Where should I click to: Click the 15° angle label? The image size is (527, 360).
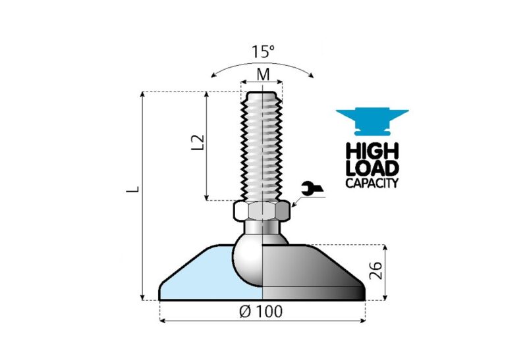click(263, 51)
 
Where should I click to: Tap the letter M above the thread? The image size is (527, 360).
click(263, 74)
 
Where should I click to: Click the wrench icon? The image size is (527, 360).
click(310, 190)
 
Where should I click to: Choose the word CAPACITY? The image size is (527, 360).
click(372, 183)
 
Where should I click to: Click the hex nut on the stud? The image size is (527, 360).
click(262, 211)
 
